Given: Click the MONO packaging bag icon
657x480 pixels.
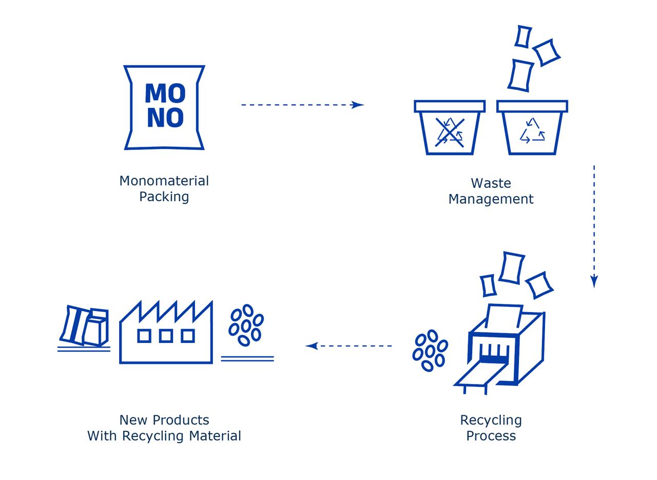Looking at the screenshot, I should click(164, 107).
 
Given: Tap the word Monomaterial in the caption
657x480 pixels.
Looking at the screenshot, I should click(164, 181).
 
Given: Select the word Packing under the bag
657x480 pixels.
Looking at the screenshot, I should click(164, 197).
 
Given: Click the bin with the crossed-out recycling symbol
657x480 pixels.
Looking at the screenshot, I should click(450, 128).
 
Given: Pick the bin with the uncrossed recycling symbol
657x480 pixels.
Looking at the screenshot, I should click(532, 128).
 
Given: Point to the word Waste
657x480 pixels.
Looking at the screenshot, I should click(491, 183).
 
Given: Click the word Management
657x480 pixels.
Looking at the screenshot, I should click(491, 199).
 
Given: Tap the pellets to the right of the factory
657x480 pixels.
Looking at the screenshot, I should click(246, 325).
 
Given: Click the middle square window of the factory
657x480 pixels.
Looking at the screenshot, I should click(166, 336).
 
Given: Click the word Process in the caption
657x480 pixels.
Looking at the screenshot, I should click(491, 436).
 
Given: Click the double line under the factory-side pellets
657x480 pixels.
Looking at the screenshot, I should click(247, 358).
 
